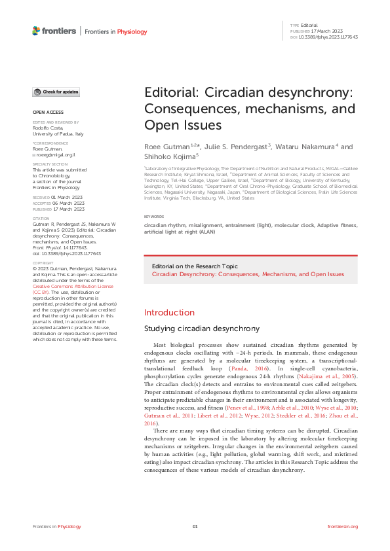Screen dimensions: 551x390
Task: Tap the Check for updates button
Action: (x=56, y=92)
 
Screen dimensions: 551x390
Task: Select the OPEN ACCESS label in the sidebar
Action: (x=47, y=112)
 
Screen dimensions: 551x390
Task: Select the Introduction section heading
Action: (x=169, y=312)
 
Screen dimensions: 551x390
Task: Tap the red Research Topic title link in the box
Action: (x=248, y=274)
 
